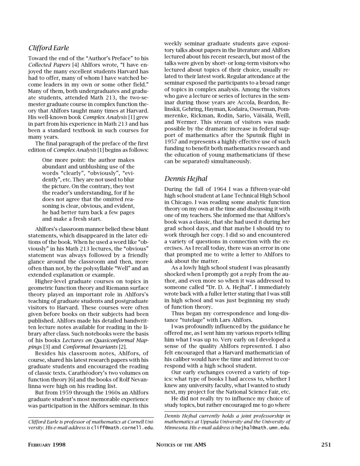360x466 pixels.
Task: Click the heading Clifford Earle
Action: [x=49, y=48]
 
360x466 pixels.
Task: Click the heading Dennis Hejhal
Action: [x=186, y=179]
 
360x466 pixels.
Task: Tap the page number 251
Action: [x=326, y=445]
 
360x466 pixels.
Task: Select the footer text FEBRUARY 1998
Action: [x=47, y=445]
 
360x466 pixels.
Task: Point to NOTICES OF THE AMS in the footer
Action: [x=181, y=445]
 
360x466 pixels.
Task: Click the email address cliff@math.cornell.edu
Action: [x=122, y=428]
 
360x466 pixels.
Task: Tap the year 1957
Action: [x=171, y=142]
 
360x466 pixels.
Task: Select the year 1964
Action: [x=220, y=189]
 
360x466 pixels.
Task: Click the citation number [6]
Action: [x=72, y=380]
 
